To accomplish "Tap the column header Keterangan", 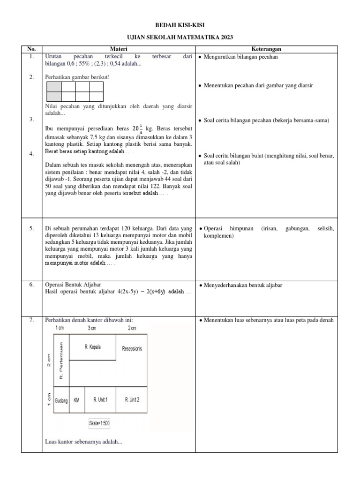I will coord(266,48).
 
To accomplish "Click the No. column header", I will coord(31,48).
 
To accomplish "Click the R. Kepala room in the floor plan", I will coord(92,347).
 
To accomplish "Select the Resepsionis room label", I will coord(132,349).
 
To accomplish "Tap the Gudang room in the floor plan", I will coord(61,400).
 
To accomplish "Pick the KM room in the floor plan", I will coord(77,400).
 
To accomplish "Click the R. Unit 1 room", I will coord(100,400).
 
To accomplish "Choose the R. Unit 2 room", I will coord(132,400).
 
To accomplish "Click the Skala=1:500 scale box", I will coord(99,423).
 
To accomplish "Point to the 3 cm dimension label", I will coord(92,328).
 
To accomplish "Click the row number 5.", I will coord(31,228).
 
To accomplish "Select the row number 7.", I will coord(31,320).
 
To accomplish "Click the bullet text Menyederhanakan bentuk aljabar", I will coord(243,285).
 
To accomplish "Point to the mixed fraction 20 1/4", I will coord(137,129).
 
